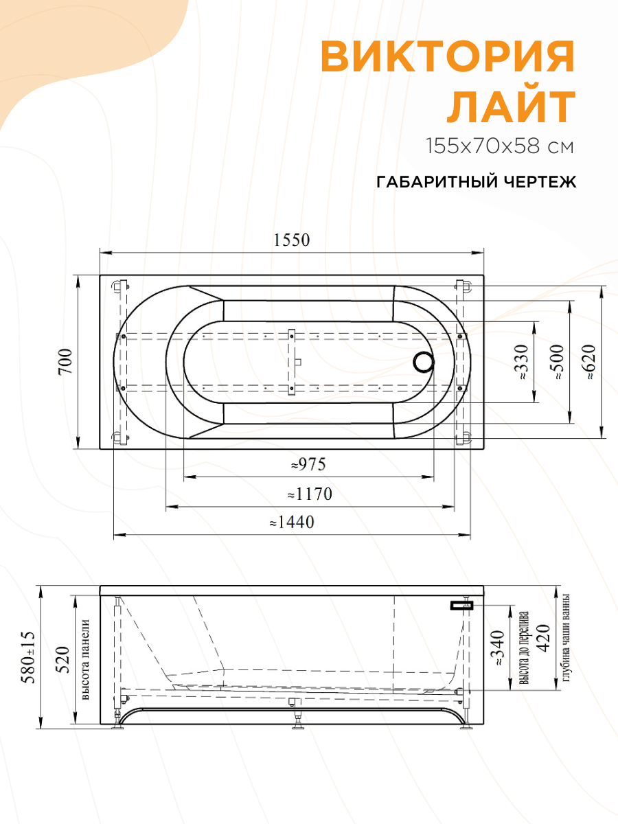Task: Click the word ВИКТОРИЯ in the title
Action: [x=448, y=56]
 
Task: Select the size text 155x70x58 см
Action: [x=499, y=146]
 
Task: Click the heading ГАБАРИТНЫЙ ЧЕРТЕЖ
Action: [x=476, y=182]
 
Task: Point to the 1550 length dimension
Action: [x=292, y=240]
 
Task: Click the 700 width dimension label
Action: [x=65, y=361]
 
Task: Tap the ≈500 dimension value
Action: [x=556, y=363]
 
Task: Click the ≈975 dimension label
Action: [x=308, y=465]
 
